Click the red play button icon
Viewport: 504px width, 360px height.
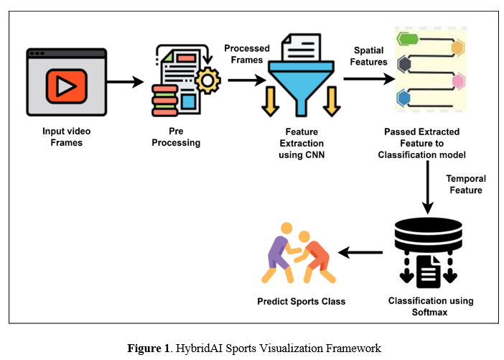tap(66, 88)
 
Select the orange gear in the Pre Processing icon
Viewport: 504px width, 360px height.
tap(207, 81)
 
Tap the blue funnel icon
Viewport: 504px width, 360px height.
tap(301, 73)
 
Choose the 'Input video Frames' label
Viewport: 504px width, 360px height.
tap(65, 137)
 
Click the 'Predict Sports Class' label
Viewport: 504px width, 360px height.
tap(301, 301)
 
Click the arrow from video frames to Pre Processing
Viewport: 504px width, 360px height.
tap(126, 83)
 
